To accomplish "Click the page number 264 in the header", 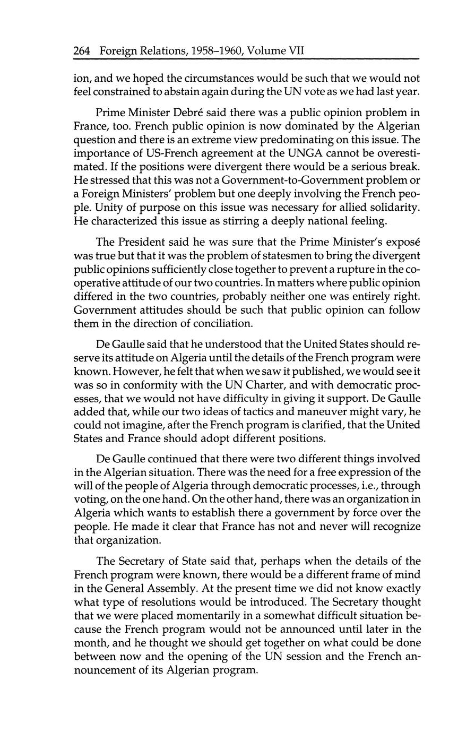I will pos(82,51).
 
